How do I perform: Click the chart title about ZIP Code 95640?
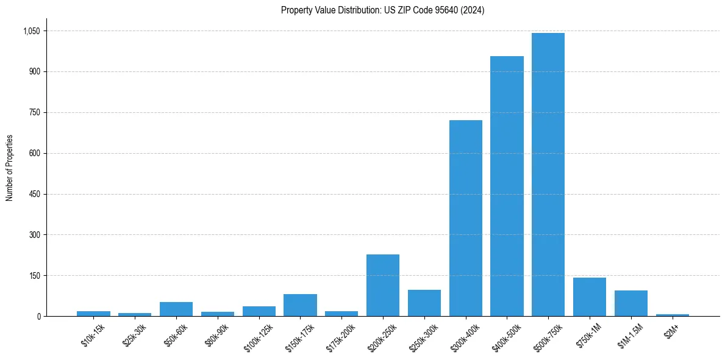point(382,10)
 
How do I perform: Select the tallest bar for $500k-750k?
point(548,175)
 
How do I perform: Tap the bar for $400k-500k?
point(507,186)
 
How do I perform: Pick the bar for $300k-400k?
point(465,218)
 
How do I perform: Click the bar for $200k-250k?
point(382,285)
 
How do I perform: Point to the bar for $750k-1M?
point(589,297)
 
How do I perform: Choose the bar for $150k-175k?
point(300,305)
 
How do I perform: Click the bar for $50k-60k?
point(176,309)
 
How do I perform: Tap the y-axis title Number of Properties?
point(10,168)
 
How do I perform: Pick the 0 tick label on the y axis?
point(38,316)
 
